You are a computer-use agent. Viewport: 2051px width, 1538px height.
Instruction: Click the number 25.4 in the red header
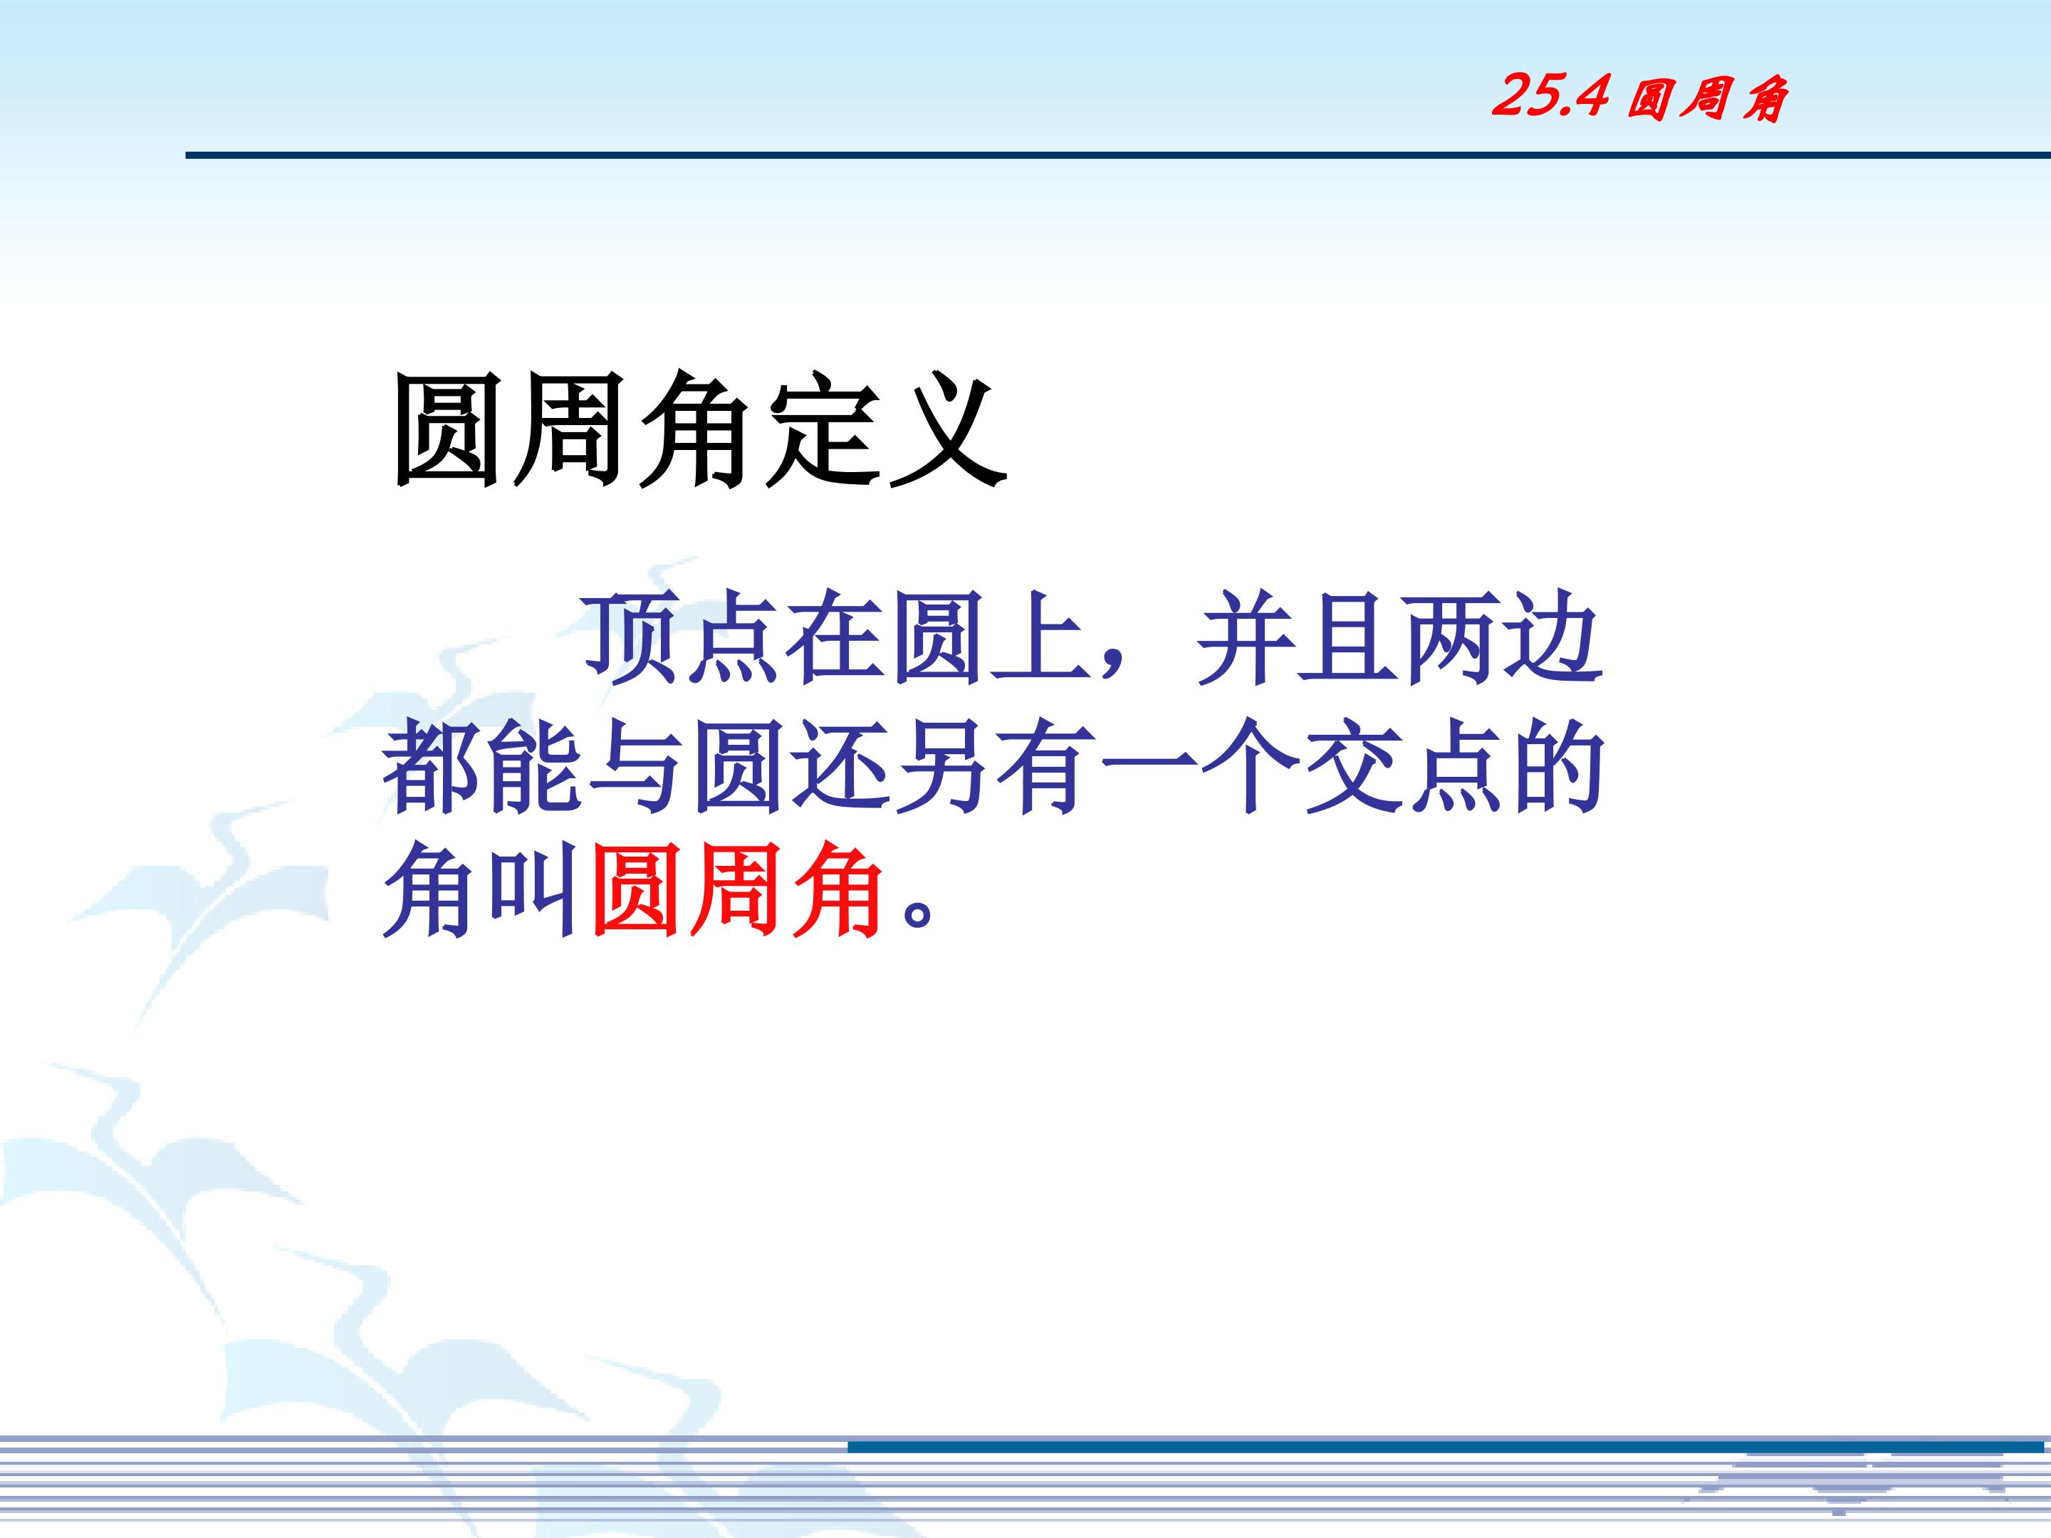(x=1550, y=96)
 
